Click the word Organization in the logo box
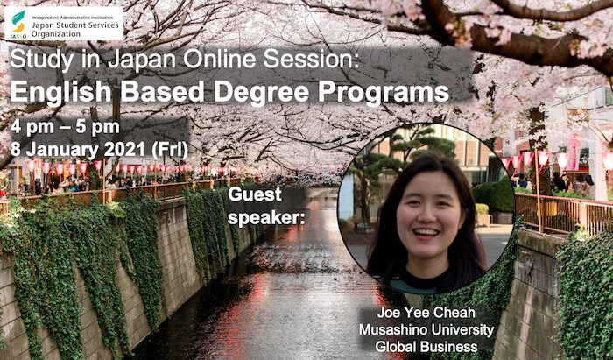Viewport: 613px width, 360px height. tap(56, 33)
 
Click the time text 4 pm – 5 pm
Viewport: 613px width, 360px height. tap(65, 128)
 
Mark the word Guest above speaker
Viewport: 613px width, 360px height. tap(255, 194)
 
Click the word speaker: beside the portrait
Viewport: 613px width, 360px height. tap(266, 219)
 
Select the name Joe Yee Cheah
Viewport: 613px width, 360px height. tap(426, 313)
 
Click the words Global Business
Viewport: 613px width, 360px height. tap(426, 346)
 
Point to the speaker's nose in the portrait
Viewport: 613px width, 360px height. tap(422, 215)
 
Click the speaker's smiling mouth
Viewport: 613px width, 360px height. tap(426, 234)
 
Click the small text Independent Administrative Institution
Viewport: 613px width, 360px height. tap(73, 18)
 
